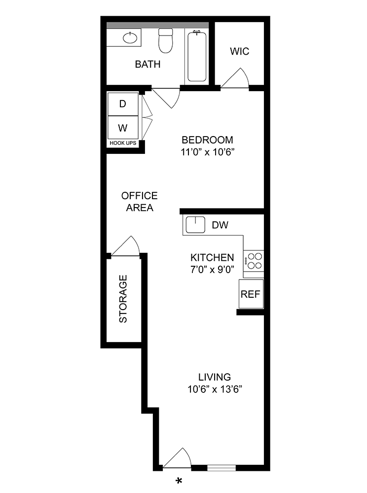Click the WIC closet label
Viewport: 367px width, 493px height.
click(240, 51)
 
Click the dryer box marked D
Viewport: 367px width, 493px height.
click(123, 104)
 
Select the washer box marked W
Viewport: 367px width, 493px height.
click(123, 128)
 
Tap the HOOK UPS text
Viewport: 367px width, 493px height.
click(123, 143)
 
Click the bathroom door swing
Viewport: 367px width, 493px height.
click(168, 97)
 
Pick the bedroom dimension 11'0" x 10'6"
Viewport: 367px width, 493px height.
click(207, 152)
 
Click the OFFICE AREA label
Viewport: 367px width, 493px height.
click(140, 202)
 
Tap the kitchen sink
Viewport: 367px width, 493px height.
click(195, 225)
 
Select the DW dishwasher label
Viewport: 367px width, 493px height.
click(220, 225)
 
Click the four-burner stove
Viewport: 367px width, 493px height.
click(254, 261)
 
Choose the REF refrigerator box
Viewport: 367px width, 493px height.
click(250, 294)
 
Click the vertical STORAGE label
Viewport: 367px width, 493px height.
click(123, 299)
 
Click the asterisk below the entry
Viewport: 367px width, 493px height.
click(180, 481)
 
